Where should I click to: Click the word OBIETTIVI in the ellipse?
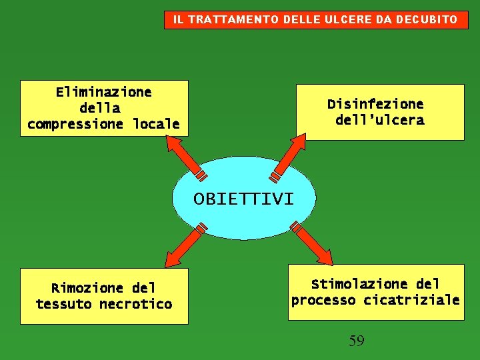point(243,199)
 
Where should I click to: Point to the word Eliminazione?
point(103,92)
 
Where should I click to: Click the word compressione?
point(75,124)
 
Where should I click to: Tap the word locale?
point(156,124)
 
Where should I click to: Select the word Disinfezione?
point(375,104)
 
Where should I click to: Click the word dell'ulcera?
point(379,121)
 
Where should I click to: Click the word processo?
point(324,300)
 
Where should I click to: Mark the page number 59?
point(357,341)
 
